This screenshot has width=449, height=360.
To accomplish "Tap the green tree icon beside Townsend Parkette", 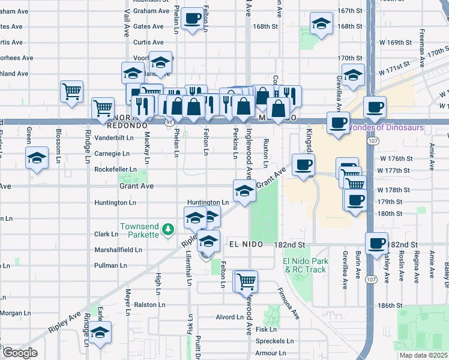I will (x=169, y=229).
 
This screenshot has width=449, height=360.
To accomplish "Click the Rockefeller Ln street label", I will (x=115, y=170).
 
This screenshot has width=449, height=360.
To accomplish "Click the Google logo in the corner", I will (x=19, y=353).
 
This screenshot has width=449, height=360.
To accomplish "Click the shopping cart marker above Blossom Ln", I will (x=71, y=92).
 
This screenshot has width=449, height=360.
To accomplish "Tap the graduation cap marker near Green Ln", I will (x=37, y=158).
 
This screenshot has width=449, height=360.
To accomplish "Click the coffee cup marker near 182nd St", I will (x=376, y=243).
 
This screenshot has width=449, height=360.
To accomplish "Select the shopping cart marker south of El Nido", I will (x=246, y=280).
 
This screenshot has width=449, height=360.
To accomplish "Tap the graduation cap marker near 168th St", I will (x=321, y=23).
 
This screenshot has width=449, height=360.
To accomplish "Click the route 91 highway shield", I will (x=169, y=122).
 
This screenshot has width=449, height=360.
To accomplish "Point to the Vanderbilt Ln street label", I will (x=114, y=137).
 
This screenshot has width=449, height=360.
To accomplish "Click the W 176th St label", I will (x=394, y=158).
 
